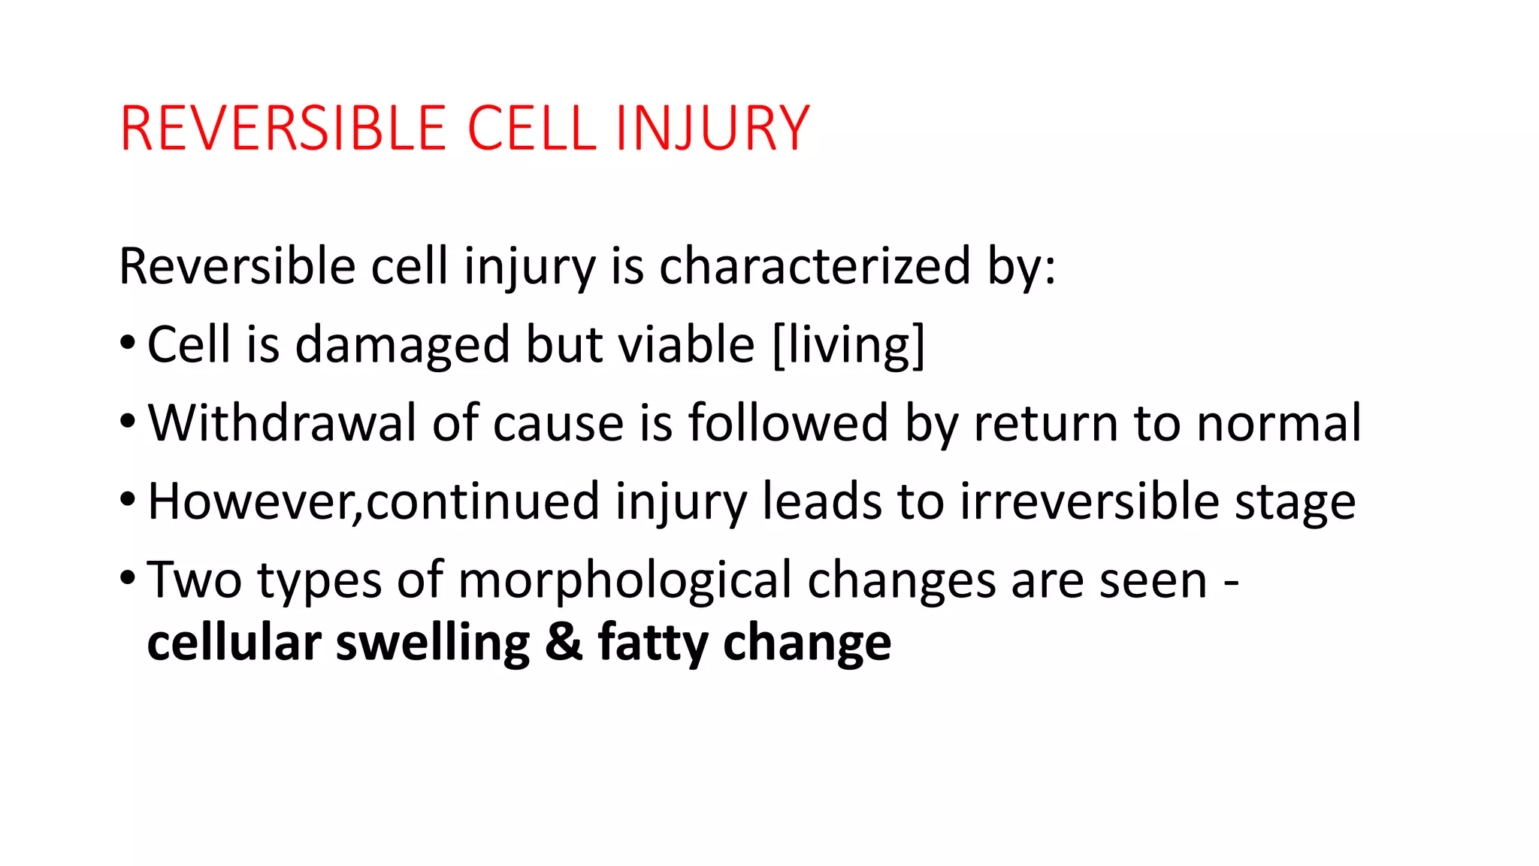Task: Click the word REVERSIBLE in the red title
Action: pyautogui.click(x=283, y=129)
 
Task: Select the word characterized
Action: pyautogui.click(x=815, y=266)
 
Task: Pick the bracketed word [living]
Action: pyautogui.click(x=848, y=345)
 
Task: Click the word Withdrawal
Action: pyautogui.click(x=282, y=423)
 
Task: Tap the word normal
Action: pyautogui.click(x=1278, y=423)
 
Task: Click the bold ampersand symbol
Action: pyautogui.click(x=564, y=643)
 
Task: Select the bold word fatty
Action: pyautogui.click(x=652, y=644)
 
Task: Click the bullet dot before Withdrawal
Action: pyautogui.click(x=128, y=421)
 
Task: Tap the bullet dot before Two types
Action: pyautogui.click(x=128, y=578)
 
